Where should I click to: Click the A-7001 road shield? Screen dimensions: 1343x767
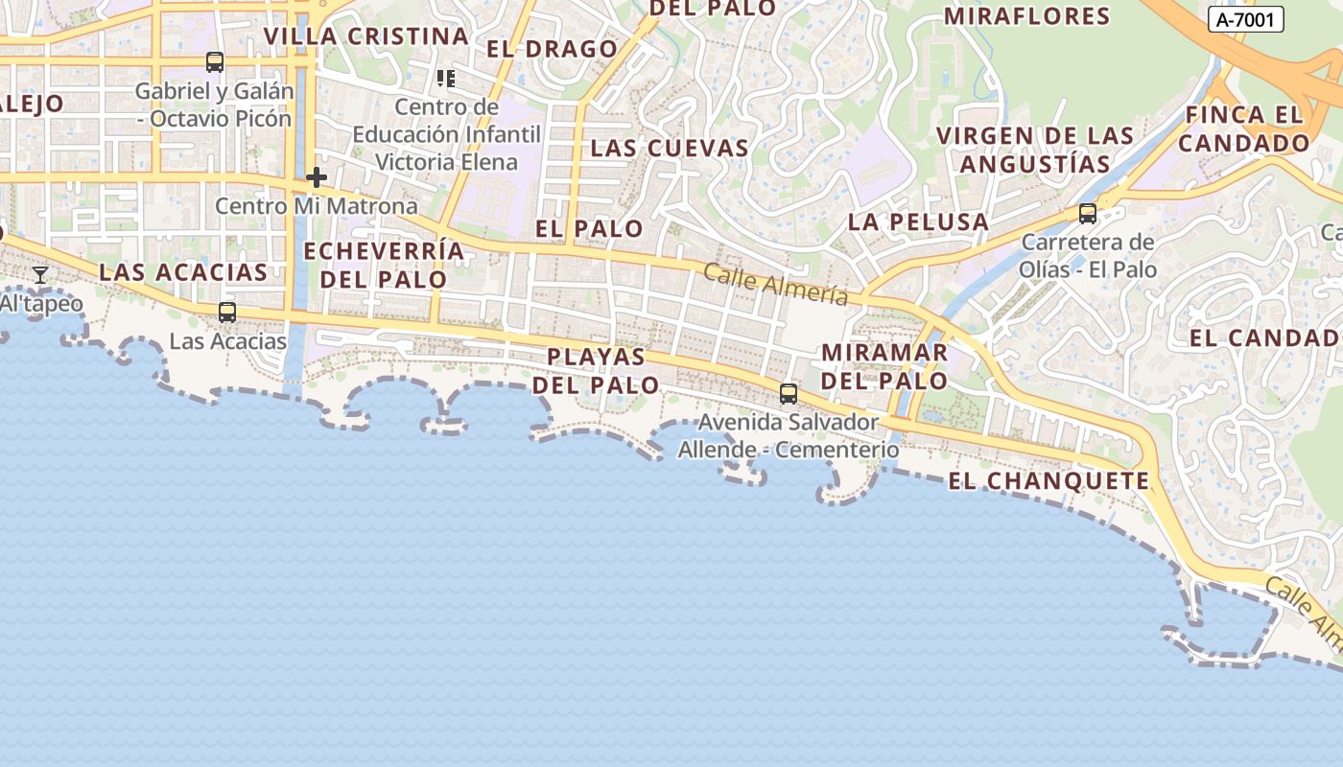pyautogui.click(x=1245, y=19)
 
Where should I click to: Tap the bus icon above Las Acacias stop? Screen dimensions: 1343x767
pyautogui.click(x=227, y=312)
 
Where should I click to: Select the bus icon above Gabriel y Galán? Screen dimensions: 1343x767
pyautogui.click(x=215, y=62)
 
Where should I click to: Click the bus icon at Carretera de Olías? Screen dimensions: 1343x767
pyautogui.click(x=1088, y=213)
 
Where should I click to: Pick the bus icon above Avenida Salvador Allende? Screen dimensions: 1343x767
pyautogui.click(x=789, y=393)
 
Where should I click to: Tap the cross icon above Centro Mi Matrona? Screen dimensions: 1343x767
pyautogui.click(x=317, y=177)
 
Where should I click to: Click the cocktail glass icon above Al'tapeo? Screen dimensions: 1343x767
pyautogui.click(x=40, y=275)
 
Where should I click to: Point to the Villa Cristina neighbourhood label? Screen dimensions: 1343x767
pyautogui.click(x=366, y=36)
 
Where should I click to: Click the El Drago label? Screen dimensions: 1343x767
pyautogui.click(x=552, y=49)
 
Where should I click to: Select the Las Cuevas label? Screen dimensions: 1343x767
pyautogui.click(x=669, y=148)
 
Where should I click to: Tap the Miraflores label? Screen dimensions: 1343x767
pyautogui.click(x=1026, y=16)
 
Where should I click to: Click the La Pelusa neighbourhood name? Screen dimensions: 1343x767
pyautogui.click(x=918, y=221)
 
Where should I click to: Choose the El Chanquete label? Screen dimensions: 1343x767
pyautogui.click(x=1048, y=480)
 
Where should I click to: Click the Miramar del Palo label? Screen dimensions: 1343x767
pyautogui.click(x=884, y=366)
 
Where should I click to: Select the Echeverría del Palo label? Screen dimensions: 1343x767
pyautogui.click(x=384, y=265)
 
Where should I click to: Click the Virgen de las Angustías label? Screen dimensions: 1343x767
pyautogui.click(x=1035, y=150)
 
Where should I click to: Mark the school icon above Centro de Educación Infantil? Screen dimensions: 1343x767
pyautogui.click(x=445, y=79)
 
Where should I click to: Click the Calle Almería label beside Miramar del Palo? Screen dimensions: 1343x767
pyautogui.click(x=775, y=285)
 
